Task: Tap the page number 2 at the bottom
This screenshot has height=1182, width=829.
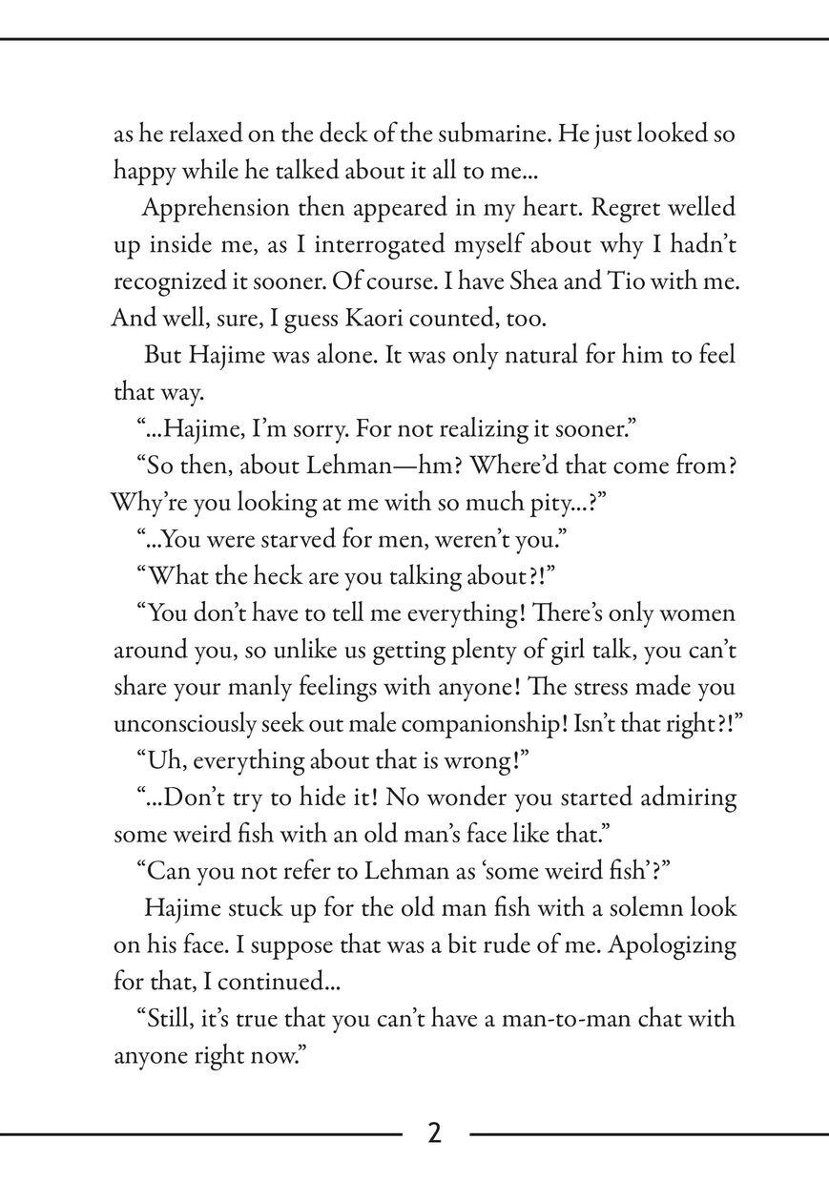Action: [x=434, y=1133]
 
